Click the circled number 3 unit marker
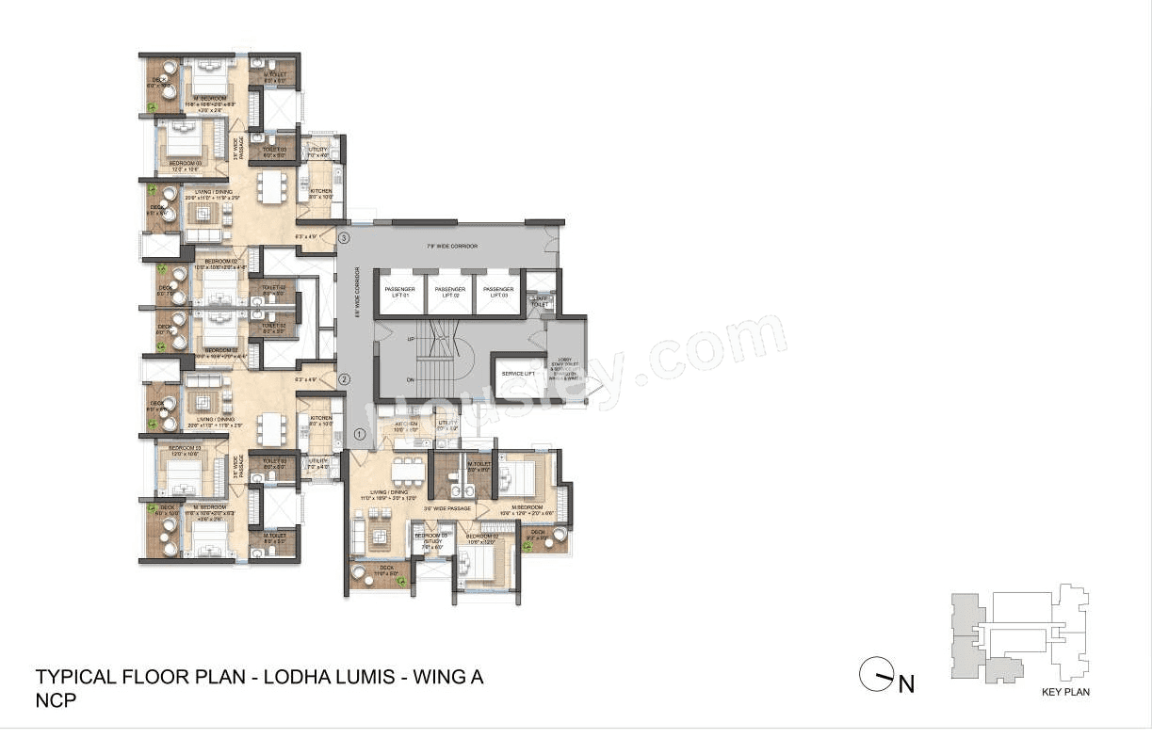click(345, 238)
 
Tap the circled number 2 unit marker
click(345, 380)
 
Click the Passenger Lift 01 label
click(398, 292)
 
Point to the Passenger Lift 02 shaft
click(448, 292)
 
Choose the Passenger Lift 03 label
click(497, 292)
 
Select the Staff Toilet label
click(540, 301)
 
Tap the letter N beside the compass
click(906, 684)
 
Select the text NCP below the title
click(56, 700)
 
